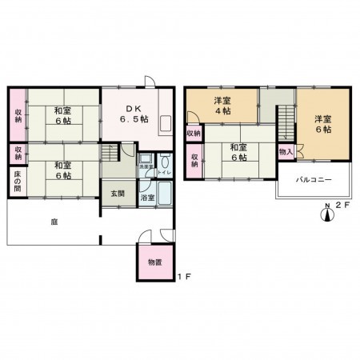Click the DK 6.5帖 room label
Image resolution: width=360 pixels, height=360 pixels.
[130, 114]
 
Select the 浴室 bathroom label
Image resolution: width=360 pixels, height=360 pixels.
[147, 196]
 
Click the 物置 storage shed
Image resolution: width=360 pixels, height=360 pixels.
[155, 262]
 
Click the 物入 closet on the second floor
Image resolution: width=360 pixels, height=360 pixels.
[286, 151]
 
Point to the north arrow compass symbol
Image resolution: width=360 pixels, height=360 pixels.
[326, 214]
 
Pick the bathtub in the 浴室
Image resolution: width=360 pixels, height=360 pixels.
[166, 193]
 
